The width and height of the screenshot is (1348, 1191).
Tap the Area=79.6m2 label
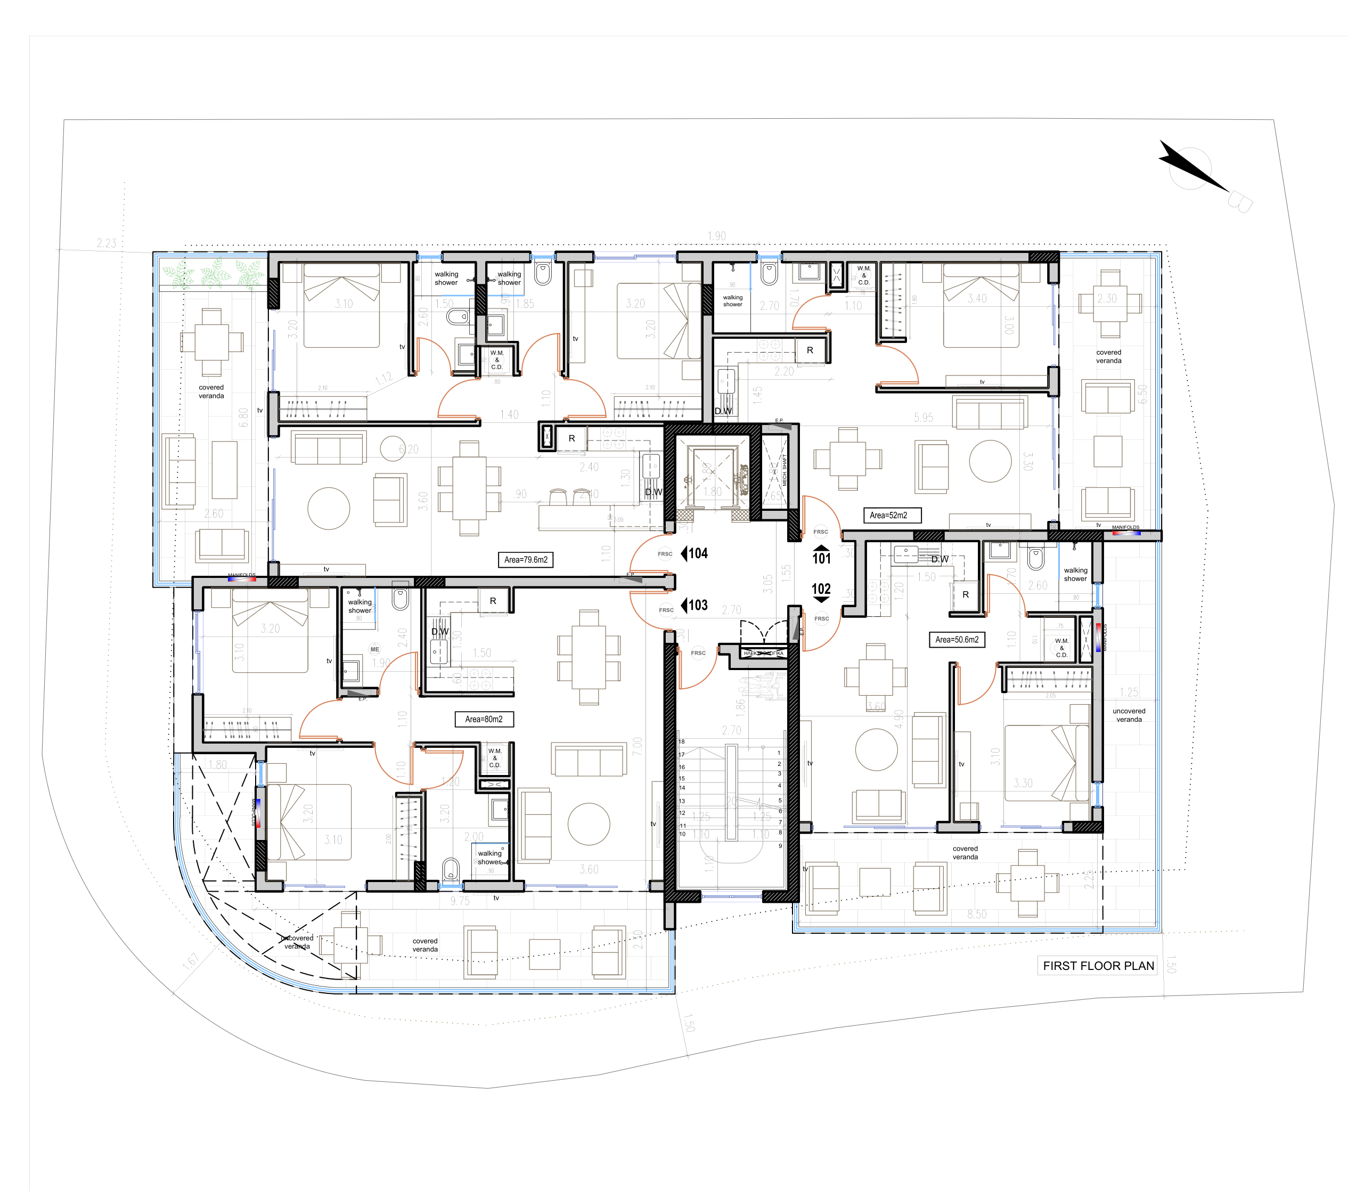pos(525,560)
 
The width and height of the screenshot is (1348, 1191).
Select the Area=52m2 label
pos(892,515)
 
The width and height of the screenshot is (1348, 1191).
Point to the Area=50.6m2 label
pos(956,639)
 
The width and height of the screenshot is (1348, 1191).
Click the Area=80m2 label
pos(484,719)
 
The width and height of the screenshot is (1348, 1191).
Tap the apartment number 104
pos(697,553)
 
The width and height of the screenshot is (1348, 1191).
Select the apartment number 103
pos(697,605)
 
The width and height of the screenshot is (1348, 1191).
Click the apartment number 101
pos(821,558)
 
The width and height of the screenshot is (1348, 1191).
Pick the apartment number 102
pos(821,589)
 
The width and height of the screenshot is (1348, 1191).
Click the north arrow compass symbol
pos(1192,168)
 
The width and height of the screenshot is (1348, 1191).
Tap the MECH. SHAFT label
pos(784,470)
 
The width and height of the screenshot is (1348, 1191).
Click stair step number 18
pos(682,741)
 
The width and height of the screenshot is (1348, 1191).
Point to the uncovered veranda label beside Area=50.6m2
pos(1129,715)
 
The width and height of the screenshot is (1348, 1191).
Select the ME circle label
pos(374,649)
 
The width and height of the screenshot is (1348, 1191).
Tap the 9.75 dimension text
pos(460,901)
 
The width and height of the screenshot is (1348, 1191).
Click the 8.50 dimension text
pos(977,914)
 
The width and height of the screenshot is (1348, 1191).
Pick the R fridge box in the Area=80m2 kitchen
pos(493,601)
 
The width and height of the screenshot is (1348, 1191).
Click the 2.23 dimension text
pos(106,243)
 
